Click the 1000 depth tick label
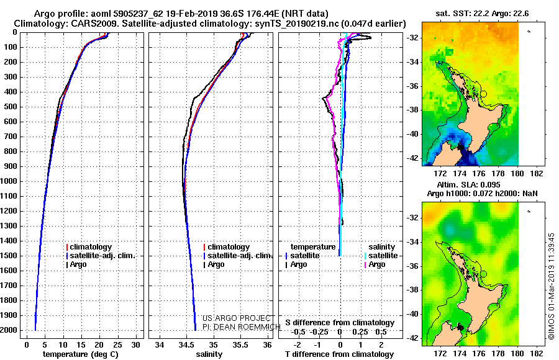pyautogui.click(x=9, y=181)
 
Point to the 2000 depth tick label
pyautogui.click(x=9, y=330)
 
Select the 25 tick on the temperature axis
pyautogui.click(x=117, y=345)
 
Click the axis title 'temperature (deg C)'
pyautogui.click(x=81, y=354)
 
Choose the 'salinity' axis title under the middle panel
pyautogui.click(x=209, y=354)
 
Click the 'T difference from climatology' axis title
pyautogui.click(x=339, y=354)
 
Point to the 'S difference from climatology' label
pyautogui.click(x=340, y=323)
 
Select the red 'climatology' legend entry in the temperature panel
pyautogui.click(x=89, y=247)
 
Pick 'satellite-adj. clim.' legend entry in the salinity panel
pyautogui.click(x=238, y=256)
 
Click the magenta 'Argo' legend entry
pyautogui.click(x=375, y=264)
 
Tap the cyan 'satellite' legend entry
pyautogui.click(x=381, y=256)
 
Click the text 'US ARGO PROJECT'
pyautogui.click(x=237, y=318)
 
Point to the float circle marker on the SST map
pyautogui.click(x=483, y=94)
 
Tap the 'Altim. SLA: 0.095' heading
pyautogui.click(x=468, y=185)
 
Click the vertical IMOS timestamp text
pyautogui.click(x=552, y=286)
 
